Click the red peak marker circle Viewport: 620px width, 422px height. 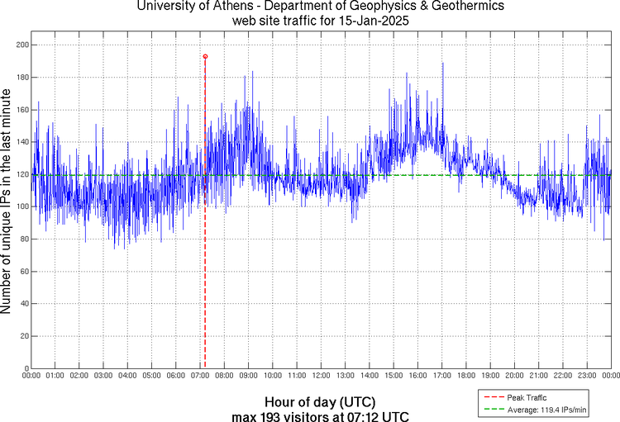tap(205, 56)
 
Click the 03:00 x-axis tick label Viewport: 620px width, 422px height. tap(104, 376)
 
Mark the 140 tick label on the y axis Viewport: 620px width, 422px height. tap(21, 142)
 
